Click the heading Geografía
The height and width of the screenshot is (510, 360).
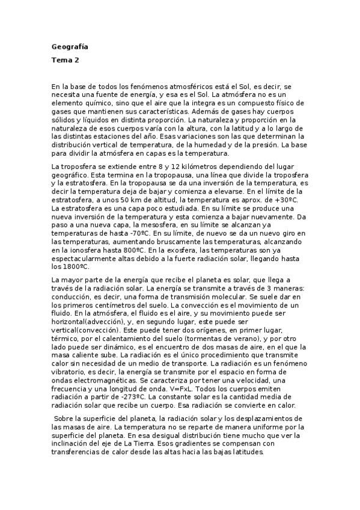point(70,46)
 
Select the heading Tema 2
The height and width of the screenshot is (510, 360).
point(65,60)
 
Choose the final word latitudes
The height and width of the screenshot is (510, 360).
point(245,452)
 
